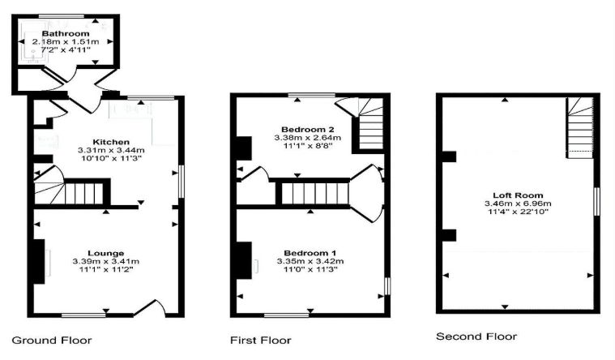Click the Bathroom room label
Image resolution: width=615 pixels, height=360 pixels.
click(66, 33)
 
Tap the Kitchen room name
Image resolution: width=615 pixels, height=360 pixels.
click(111, 142)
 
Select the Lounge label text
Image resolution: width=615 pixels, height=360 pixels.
click(106, 253)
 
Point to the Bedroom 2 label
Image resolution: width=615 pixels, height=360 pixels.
click(308, 129)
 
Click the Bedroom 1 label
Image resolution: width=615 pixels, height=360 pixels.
click(310, 253)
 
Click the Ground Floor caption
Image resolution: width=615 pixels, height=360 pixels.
click(52, 340)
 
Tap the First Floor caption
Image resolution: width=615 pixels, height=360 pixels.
click(261, 340)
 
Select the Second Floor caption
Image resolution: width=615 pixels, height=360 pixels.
click(476, 336)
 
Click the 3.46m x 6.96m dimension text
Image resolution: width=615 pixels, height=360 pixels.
click(518, 204)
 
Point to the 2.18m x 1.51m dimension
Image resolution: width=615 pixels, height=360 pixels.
click(66, 41)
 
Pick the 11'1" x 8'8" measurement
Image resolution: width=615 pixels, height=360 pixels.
click(308, 146)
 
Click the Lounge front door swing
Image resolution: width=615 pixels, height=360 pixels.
click(151, 307)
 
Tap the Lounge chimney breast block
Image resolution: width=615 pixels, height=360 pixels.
click(39, 261)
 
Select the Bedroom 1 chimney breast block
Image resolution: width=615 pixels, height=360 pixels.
click(244, 260)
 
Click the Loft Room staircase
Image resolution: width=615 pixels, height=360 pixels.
click(579, 127)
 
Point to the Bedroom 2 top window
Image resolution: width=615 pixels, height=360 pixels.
click(312, 95)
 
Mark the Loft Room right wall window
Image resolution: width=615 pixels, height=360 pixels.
click(597, 201)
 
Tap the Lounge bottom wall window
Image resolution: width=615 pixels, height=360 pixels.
click(83, 315)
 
